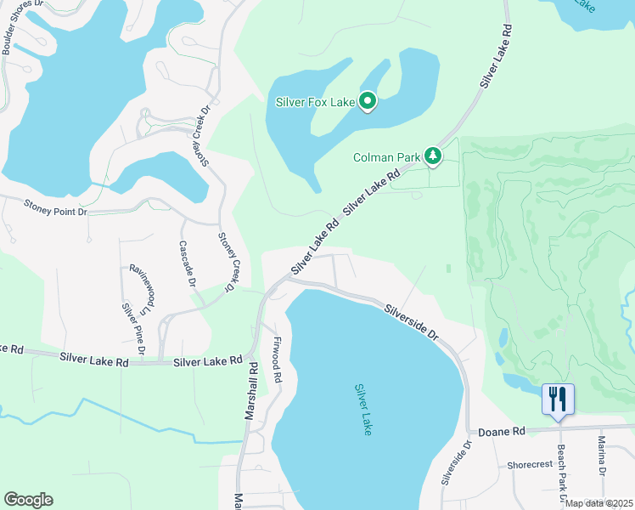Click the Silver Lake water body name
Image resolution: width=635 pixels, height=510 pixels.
364,409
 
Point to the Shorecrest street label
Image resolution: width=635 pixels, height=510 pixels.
530,465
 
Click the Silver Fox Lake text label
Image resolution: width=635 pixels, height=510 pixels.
314,102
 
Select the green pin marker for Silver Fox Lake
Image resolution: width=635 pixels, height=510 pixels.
368,101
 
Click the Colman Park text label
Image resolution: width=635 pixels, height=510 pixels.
386,157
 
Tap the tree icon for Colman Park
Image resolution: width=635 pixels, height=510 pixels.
433,156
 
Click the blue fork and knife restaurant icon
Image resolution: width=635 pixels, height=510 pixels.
558,399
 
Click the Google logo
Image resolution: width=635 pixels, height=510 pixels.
28,500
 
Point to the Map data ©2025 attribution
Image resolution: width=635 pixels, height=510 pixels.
599,503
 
